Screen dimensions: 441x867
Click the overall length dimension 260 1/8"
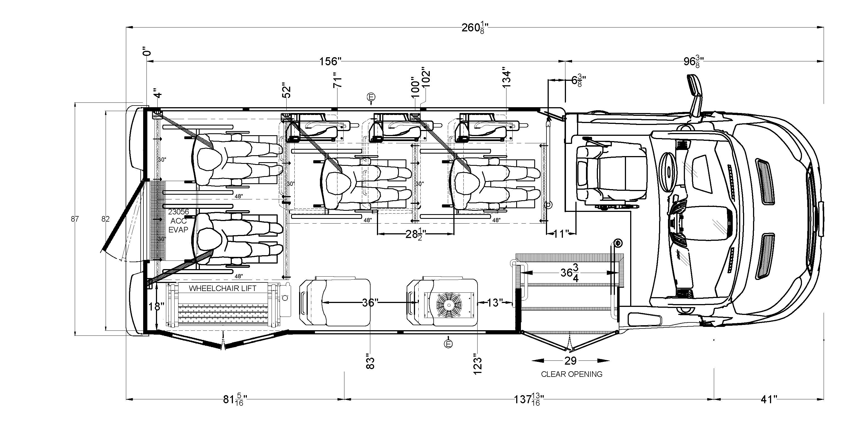pyautogui.click(x=475, y=28)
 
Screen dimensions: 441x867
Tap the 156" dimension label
pyautogui.click(x=330, y=61)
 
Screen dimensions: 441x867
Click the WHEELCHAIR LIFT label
pyautogui.click(x=222, y=288)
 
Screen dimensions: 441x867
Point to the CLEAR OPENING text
pyautogui.click(x=572, y=374)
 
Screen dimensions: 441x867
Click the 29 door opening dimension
pyautogui.click(x=570, y=361)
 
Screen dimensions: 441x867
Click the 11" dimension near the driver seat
pyautogui.click(x=561, y=234)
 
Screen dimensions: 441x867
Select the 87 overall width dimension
pyautogui.click(x=75, y=219)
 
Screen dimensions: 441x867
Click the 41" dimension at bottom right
pyautogui.click(x=769, y=399)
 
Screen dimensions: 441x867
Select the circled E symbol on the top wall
pyautogui.click(x=371, y=97)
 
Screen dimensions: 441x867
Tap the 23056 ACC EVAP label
pyautogui.click(x=178, y=221)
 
